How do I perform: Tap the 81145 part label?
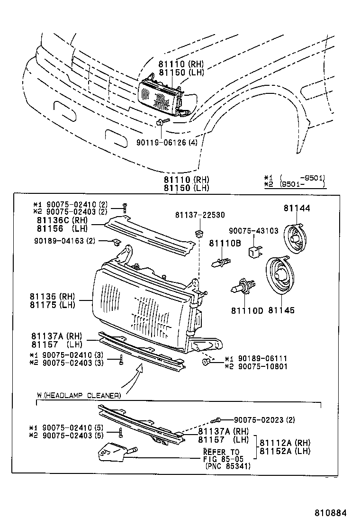[x=281, y=310]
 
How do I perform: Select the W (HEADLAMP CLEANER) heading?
[x=79, y=395]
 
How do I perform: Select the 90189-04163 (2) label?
[x=64, y=241]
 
